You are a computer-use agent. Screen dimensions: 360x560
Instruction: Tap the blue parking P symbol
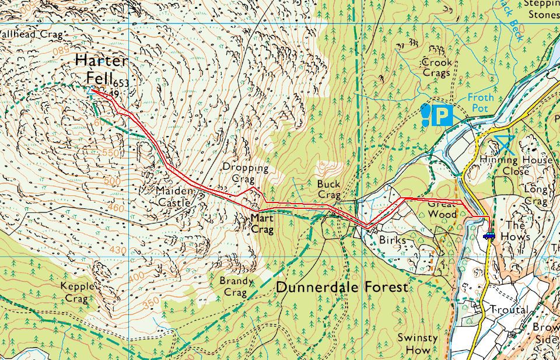click(442, 114)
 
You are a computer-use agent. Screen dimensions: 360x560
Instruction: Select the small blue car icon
click(489, 236)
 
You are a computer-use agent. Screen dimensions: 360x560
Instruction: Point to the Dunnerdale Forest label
click(342, 288)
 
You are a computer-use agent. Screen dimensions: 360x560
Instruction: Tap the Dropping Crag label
click(246, 173)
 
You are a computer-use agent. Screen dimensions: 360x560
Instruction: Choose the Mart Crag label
click(262, 223)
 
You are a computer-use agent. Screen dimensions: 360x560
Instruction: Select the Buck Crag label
click(328, 188)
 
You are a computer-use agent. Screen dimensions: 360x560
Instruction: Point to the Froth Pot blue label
click(481, 103)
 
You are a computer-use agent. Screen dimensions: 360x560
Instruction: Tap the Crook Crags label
click(436, 67)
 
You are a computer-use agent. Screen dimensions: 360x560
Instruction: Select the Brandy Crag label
click(236, 286)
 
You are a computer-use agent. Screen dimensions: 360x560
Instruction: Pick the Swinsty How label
click(414, 344)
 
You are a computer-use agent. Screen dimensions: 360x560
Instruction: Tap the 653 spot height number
click(121, 83)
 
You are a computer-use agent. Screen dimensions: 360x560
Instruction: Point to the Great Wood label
click(442, 209)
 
